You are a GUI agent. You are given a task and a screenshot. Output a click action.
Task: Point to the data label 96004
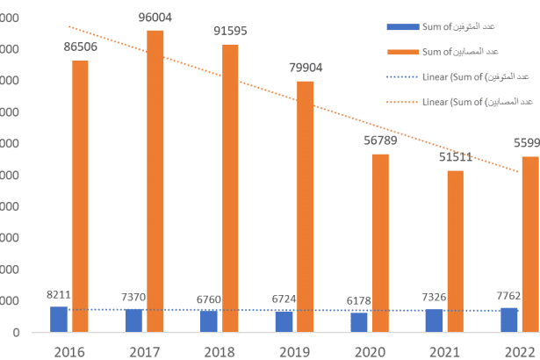point(155,16)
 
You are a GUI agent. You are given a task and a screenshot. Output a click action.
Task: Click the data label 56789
point(380,140)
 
